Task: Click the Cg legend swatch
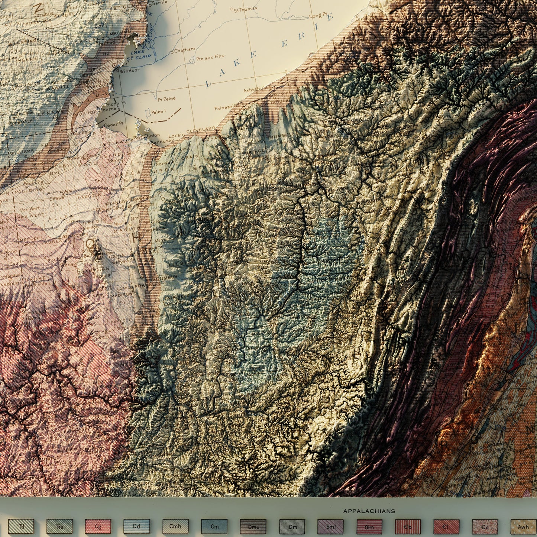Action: click(x=98, y=526)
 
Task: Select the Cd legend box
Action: click(x=137, y=526)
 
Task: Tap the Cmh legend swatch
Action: click(x=175, y=526)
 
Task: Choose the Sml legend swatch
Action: click(x=331, y=526)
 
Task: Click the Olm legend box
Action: click(x=369, y=526)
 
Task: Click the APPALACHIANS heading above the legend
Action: click(x=369, y=511)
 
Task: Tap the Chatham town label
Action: click(x=184, y=50)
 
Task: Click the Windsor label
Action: click(x=130, y=70)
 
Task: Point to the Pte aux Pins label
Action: click(x=210, y=56)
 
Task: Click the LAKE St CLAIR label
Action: click(x=135, y=55)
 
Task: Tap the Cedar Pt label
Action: click(x=113, y=125)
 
